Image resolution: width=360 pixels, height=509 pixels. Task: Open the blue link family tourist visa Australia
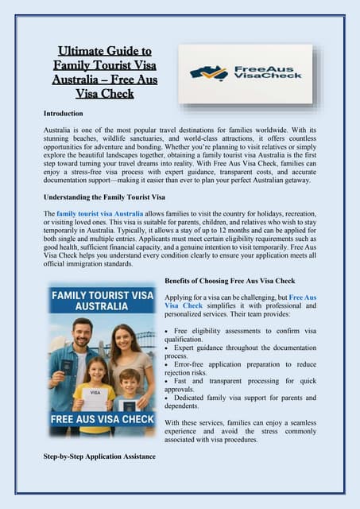[103, 214]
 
